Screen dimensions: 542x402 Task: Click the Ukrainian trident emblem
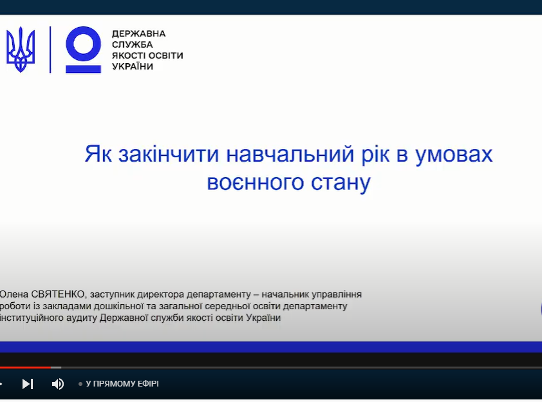pyautogui.click(x=21, y=50)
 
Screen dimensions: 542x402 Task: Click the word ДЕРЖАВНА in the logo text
pyautogui.click(x=138, y=33)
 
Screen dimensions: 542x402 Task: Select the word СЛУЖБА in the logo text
pyautogui.click(x=133, y=44)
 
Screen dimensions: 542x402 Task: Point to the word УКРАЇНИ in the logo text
pyautogui.click(x=133, y=66)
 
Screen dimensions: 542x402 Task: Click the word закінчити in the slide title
pyautogui.click(x=169, y=154)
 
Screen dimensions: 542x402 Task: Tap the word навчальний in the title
pyautogui.click(x=290, y=154)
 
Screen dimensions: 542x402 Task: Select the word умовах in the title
pyautogui.click(x=454, y=155)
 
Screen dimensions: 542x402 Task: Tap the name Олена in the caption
pyautogui.click(x=14, y=294)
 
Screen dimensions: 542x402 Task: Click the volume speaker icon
pyautogui.click(x=58, y=384)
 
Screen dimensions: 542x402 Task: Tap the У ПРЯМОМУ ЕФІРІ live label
pyautogui.click(x=122, y=384)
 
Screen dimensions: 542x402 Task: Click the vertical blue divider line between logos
pyautogui.click(x=50, y=50)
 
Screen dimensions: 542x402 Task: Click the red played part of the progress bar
pyautogui.click(x=25, y=367)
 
